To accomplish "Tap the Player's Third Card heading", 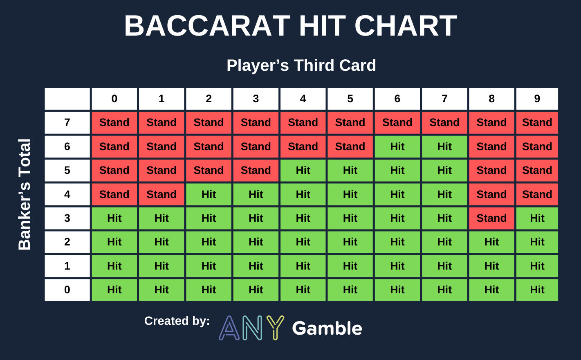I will pos(301,65).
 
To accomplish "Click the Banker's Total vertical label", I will pos(25,194).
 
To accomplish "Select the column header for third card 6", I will pos(397,99).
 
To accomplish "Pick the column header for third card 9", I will pos(537,99).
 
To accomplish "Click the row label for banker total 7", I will pos(67,122).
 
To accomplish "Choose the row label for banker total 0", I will pos(67,290).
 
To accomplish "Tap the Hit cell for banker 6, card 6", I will pos(397,146).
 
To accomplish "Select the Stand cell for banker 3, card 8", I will pos(491,218).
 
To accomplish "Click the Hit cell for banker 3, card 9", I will pos(537,218).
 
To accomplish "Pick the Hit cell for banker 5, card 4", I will pos(303,170).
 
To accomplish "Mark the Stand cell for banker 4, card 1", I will pos(162,194).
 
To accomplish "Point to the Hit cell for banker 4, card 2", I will pos(209,194).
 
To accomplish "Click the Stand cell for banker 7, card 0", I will pos(114,122).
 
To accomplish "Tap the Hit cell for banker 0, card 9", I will pos(537,290).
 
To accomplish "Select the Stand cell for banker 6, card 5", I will pos(350,146).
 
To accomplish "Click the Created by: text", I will pos(177,321).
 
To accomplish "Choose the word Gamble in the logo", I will pos(327,328).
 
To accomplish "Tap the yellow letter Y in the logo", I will pos(275,327).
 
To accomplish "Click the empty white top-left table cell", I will pos(67,99).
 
